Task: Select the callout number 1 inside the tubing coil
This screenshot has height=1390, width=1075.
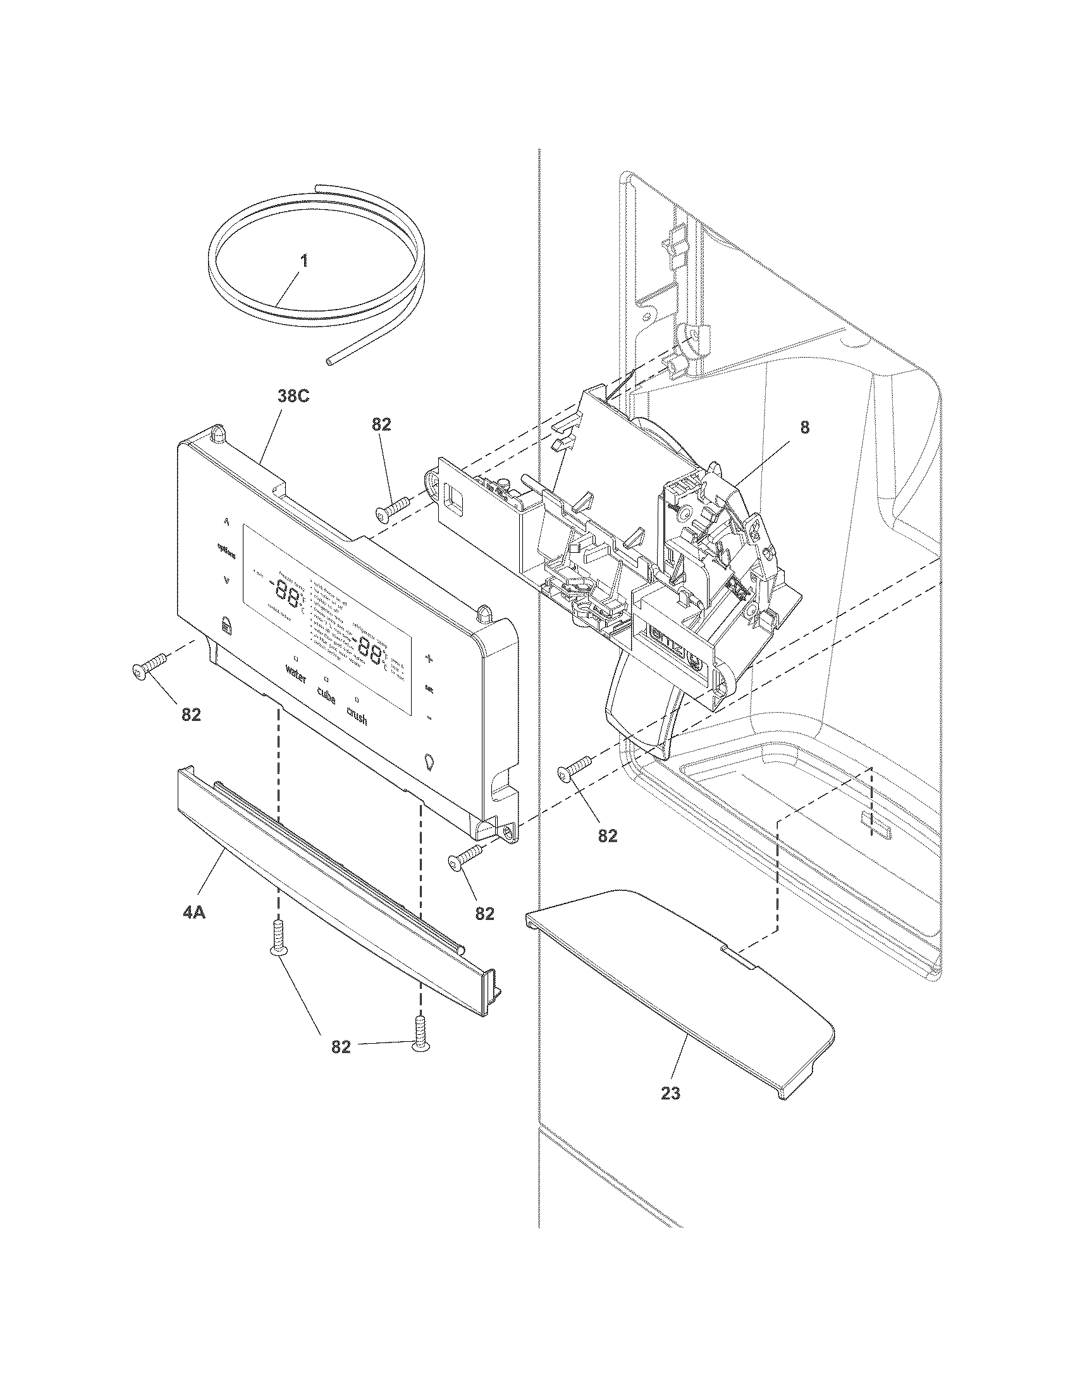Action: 304,261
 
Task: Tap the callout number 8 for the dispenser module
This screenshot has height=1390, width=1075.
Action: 804,428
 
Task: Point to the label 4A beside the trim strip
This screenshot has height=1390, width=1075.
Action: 193,913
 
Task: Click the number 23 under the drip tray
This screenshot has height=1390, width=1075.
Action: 670,1094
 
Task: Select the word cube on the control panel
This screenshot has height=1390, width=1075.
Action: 326,698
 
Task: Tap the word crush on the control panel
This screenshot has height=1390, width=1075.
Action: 357,716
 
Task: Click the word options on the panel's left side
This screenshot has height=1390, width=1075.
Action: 226,553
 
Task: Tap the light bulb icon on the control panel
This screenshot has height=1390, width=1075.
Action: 429,761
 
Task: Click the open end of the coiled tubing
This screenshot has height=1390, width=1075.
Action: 329,361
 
